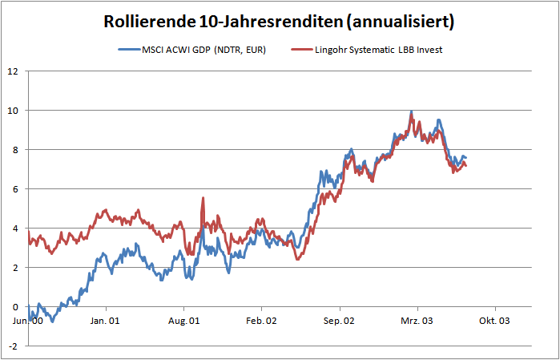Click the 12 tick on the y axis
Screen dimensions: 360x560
12,71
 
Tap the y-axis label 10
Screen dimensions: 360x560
12,110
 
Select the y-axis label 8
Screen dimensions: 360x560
14,149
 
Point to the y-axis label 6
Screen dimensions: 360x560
14,188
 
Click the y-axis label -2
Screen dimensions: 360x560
13,346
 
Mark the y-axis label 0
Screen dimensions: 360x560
14,306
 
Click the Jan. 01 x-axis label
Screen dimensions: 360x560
106,320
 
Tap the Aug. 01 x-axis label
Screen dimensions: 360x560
183,320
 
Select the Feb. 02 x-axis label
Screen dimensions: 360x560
261,320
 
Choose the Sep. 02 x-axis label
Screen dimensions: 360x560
339,320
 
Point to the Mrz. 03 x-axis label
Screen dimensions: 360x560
417,320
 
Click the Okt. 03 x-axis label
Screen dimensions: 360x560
494,320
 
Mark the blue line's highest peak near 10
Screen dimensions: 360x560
411,111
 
